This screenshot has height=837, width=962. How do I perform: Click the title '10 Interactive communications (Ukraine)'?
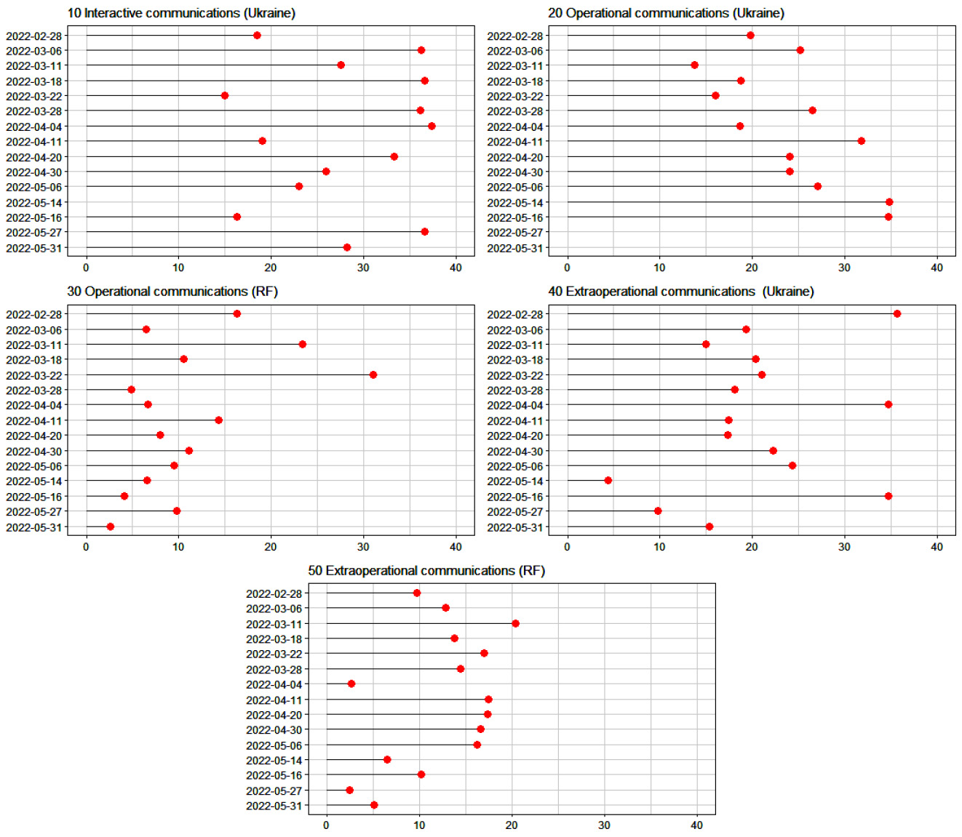181,13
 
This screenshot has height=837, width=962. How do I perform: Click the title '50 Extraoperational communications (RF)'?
426,571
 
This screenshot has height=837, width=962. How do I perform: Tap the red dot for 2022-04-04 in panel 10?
432,126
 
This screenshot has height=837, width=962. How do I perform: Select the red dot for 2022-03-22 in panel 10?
225,96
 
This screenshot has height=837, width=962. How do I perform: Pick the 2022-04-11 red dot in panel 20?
861,141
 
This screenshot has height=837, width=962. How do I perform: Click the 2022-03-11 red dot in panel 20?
694,65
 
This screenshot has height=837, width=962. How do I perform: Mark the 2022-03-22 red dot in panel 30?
373,375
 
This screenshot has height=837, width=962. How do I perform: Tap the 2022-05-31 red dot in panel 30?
111,526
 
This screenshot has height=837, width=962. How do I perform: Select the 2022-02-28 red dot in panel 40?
897,314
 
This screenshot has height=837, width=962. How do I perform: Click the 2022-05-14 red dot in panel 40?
608,481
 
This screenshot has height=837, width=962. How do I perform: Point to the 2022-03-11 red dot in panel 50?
515,623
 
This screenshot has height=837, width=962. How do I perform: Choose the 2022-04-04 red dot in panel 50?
351,684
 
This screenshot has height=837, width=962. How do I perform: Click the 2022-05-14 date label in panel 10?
34,203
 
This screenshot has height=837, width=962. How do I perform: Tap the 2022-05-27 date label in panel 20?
515,233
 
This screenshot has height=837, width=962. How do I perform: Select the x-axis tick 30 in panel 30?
363,547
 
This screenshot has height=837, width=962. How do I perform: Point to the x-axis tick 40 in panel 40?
937,547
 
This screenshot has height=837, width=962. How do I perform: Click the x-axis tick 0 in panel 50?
326,825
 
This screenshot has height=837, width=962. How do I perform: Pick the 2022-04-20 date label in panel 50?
274,715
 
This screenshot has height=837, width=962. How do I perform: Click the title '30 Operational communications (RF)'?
172,292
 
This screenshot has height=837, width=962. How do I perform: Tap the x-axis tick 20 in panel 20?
752,268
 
